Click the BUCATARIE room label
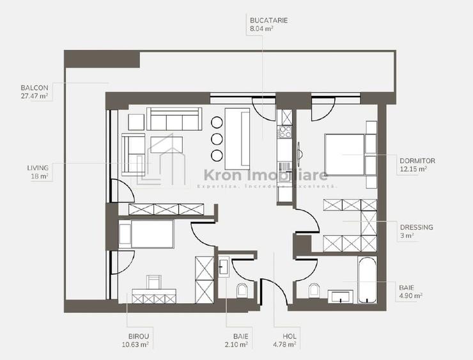[268, 20]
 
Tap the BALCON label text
[34, 88]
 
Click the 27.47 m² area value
[35, 96]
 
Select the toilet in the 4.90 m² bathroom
[314, 291]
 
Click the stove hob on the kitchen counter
[284, 133]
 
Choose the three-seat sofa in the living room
[173, 120]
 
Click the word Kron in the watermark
[222, 175]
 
